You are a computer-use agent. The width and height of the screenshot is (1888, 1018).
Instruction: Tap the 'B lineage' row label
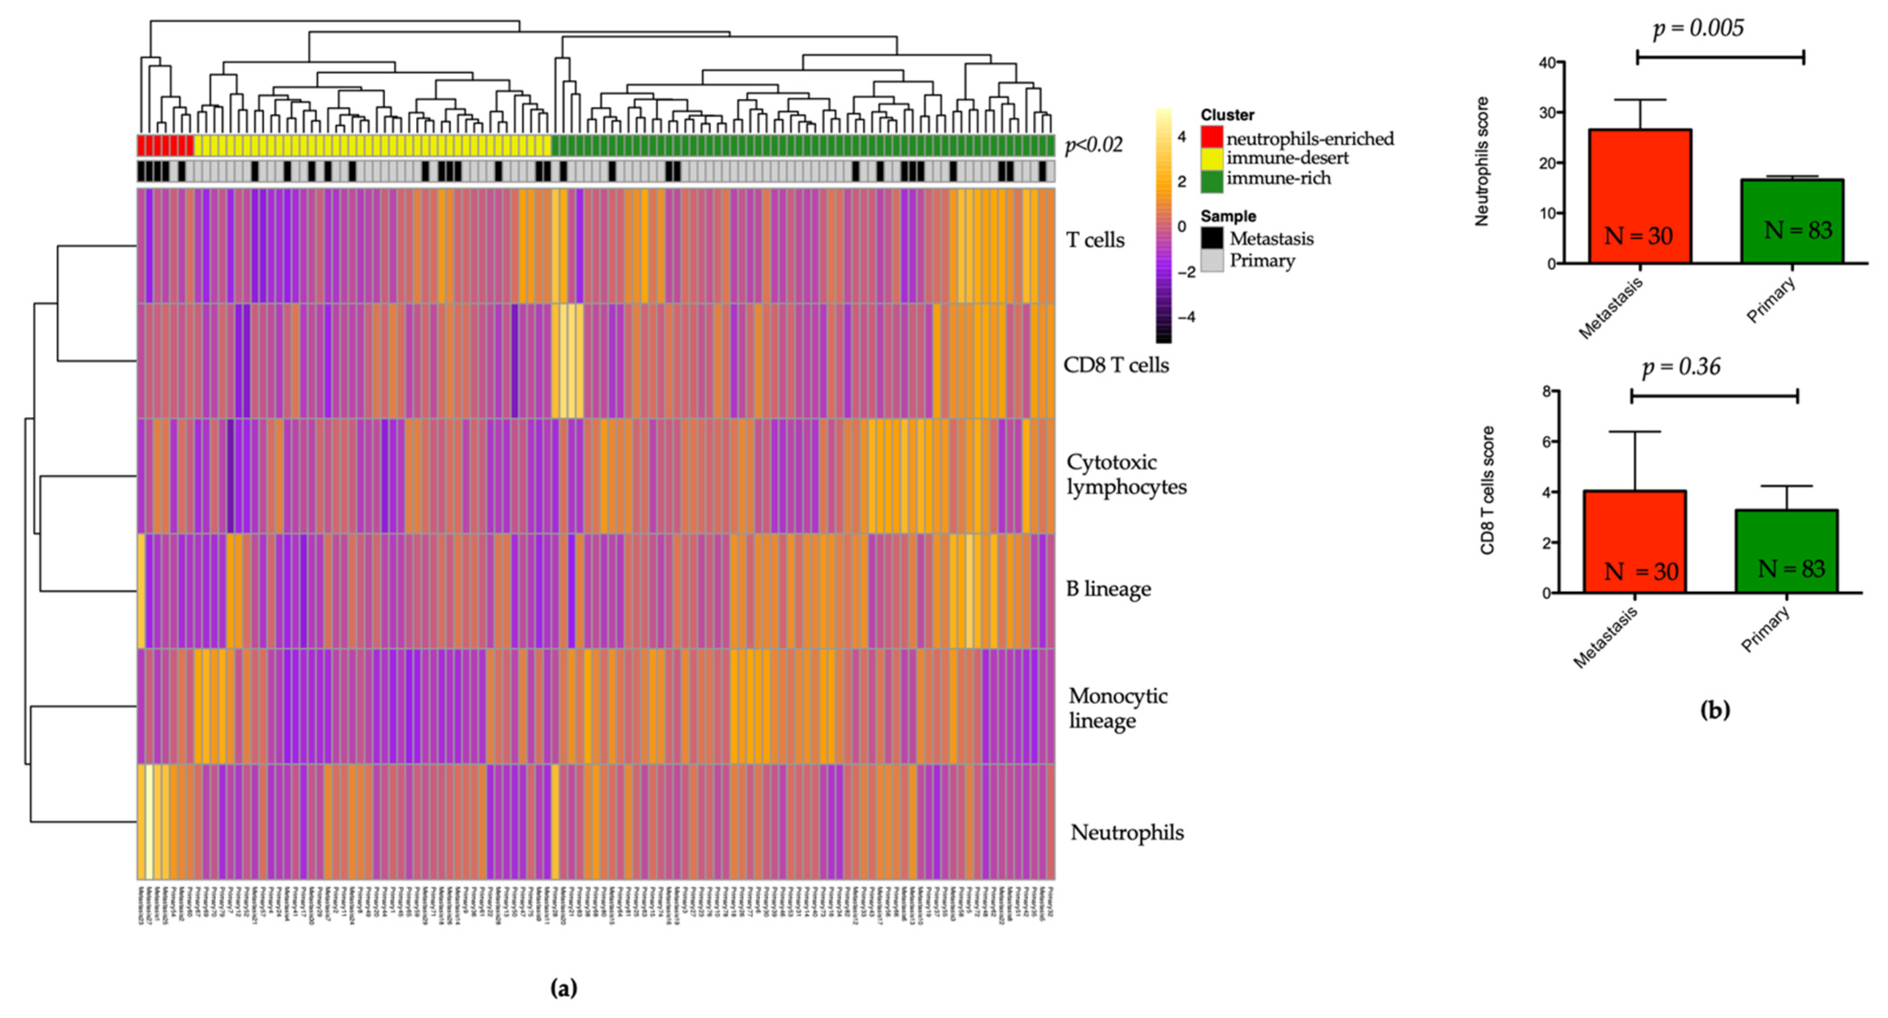click(x=1108, y=588)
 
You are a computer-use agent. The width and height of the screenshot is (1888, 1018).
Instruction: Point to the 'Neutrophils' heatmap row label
click(x=1127, y=832)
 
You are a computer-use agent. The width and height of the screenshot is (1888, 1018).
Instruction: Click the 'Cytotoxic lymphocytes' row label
click(x=1126, y=474)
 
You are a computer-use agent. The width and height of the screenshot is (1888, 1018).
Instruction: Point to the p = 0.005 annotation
click(x=1698, y=28)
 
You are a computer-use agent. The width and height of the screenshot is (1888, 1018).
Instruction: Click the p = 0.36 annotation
click(x=1681, y=367)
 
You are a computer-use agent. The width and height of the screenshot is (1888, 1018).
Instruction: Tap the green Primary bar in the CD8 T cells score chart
click(x=1786, y=551)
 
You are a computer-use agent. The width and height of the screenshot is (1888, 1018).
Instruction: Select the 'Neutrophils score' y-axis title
click(x=1482, y=161)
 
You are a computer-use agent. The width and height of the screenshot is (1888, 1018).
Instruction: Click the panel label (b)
click(x=1714, y=710)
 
